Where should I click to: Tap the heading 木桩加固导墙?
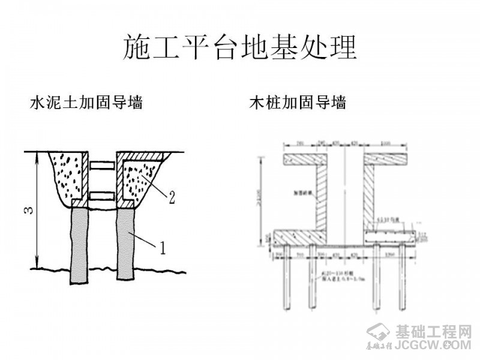click(298, 103)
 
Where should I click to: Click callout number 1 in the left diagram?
click(160, 246)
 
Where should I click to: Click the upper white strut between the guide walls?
click(101, 164)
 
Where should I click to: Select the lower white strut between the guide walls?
click(101, 196)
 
